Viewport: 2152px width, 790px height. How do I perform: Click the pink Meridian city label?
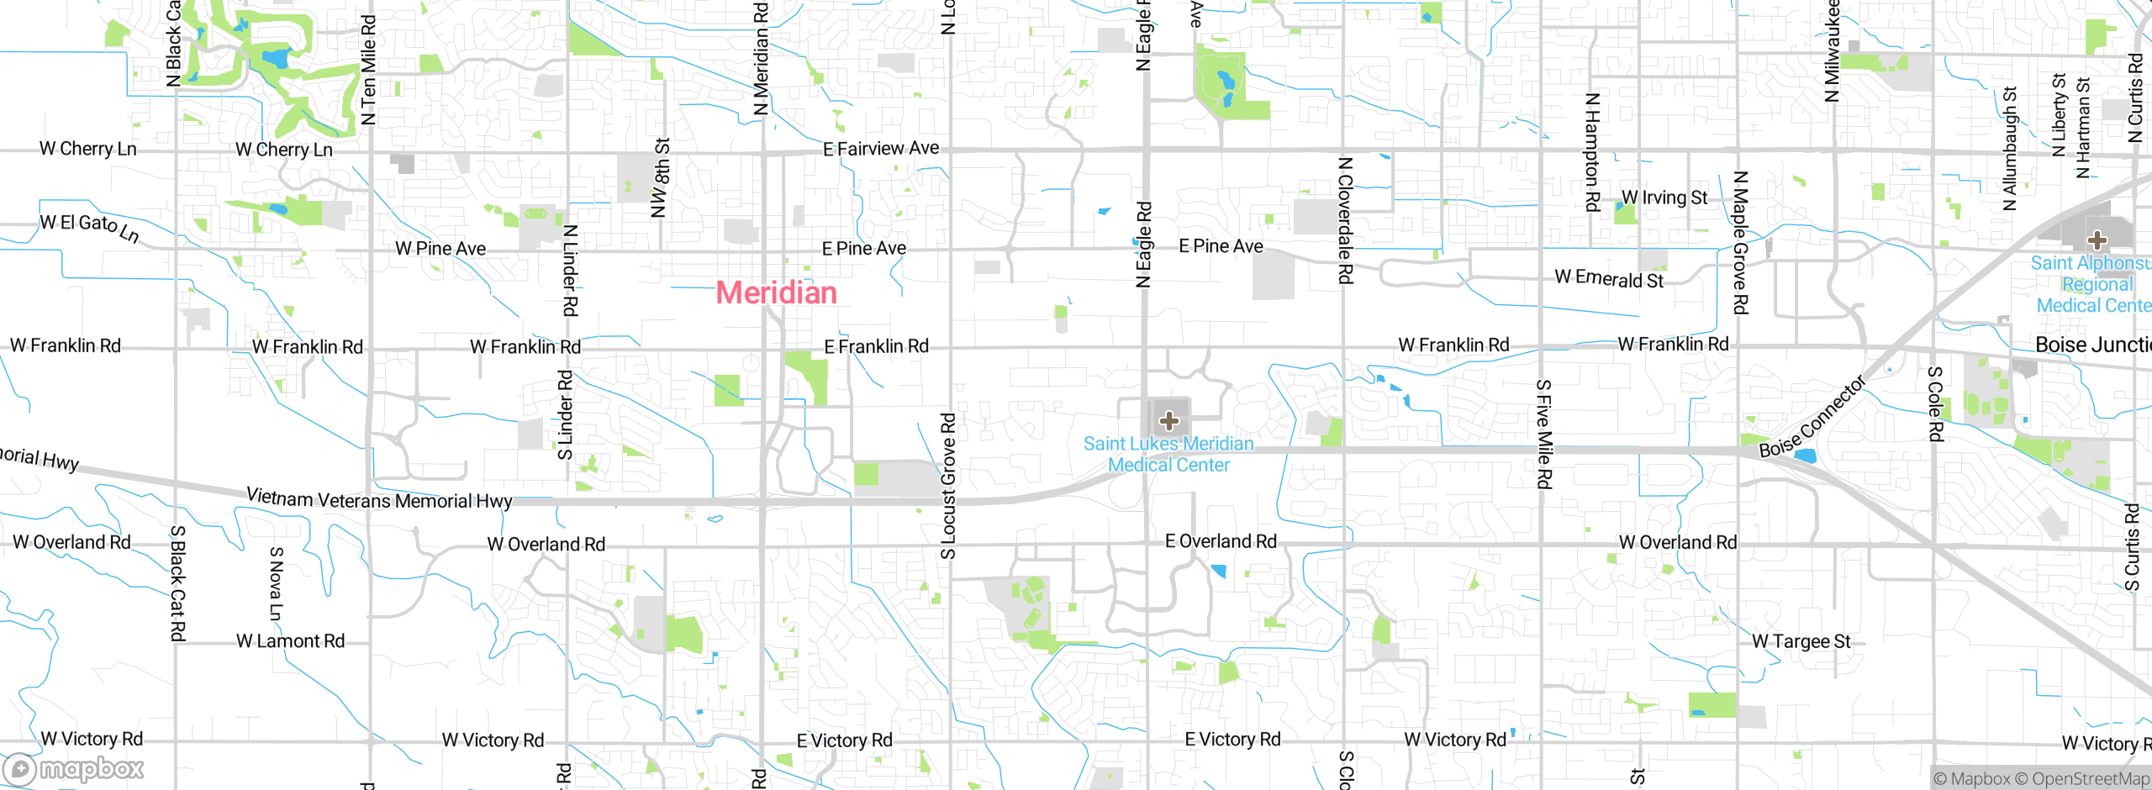(776, 293)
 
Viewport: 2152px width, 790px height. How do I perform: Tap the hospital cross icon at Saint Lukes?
(1168, 420)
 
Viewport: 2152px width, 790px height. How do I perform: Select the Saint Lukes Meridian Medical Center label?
(1168, 455)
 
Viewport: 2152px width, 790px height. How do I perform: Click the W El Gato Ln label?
(89, 227)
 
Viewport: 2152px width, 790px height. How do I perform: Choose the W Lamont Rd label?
(290, 641)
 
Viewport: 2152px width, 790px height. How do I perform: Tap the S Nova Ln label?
(276, 583)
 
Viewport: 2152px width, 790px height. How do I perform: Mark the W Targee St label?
(1801, 641)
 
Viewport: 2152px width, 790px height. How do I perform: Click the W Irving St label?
(1664, 197)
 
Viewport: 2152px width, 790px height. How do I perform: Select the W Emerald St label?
(1608, 279)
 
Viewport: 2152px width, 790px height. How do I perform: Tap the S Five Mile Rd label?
(1544, 434)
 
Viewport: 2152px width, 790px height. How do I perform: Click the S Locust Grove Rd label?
(948, 485)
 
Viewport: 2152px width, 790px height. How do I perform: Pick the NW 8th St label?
(662, 178)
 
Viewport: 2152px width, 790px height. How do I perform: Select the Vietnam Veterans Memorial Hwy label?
(379, 499)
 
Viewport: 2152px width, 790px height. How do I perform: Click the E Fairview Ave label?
(881, 149)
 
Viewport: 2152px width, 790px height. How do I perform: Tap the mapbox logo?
(74, 769)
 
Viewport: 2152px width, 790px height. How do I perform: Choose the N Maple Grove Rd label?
(1740, 242)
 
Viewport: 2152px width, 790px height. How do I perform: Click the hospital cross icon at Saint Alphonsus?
(2097, 240)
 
